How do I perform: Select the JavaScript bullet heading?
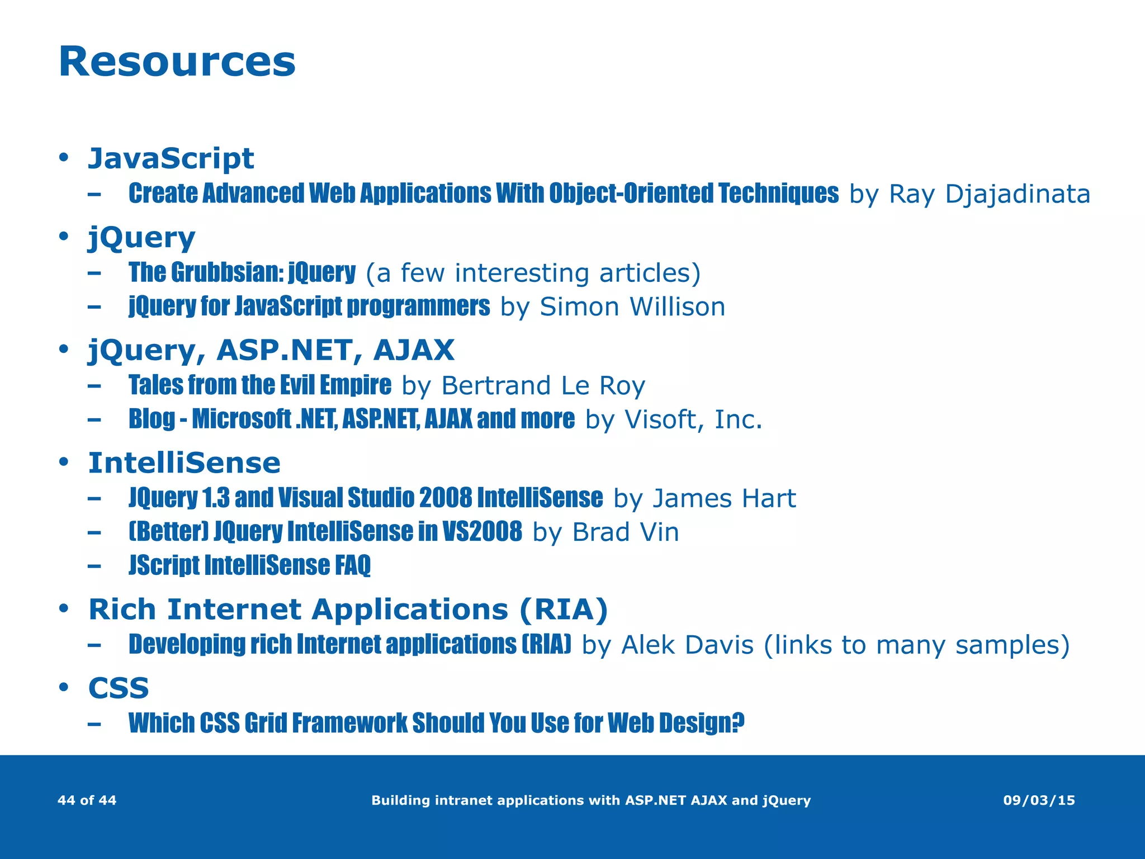point(171,158)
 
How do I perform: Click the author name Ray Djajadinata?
point(989,195)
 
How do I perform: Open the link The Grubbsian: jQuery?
point(242,273)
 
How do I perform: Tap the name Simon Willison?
point(632,307)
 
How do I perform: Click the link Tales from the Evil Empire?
point(259,385)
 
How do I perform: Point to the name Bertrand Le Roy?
point(543,386)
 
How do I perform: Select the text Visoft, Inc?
point(693,420)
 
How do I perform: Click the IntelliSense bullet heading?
point(184,463)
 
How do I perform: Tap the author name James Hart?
point(724,498)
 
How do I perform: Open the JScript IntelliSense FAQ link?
point(249,565)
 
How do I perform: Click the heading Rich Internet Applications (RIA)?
point(348,610)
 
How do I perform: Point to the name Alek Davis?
point(688,645)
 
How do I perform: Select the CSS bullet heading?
point(119,688)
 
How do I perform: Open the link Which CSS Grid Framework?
point(436,723)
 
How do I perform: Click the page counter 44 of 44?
point(87,800)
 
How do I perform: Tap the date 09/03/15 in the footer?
point(1039,800)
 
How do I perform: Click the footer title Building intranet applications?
point(590,800)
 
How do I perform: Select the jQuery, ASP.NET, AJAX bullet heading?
point(271,351)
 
